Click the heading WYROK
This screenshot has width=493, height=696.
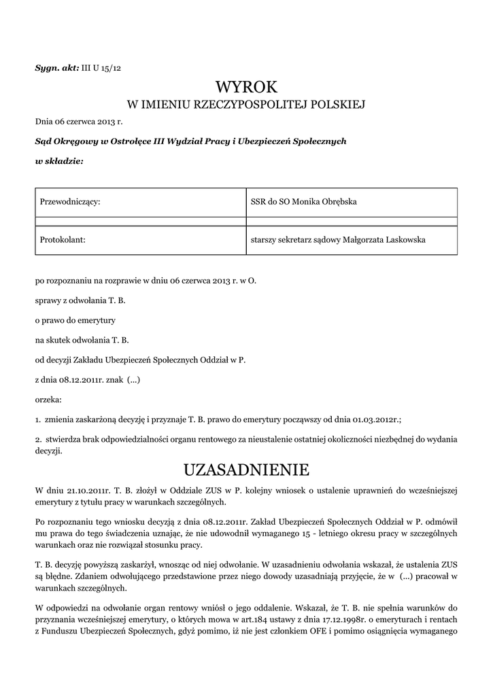tap(247, 87)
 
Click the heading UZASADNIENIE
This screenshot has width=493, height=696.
tap(247, 470)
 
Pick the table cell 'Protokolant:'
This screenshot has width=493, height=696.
tap(63, 239)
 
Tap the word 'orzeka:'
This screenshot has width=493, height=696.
tap(48, 399)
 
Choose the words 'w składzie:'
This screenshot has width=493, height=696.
tap(59, 162)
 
